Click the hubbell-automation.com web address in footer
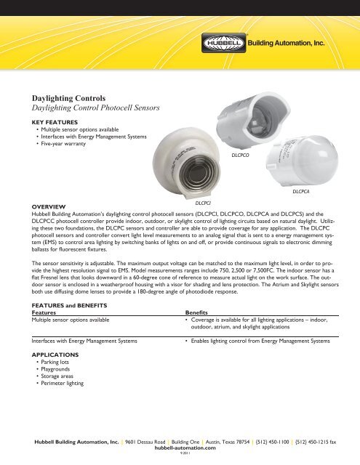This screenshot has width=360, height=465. [x=180, y=450]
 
